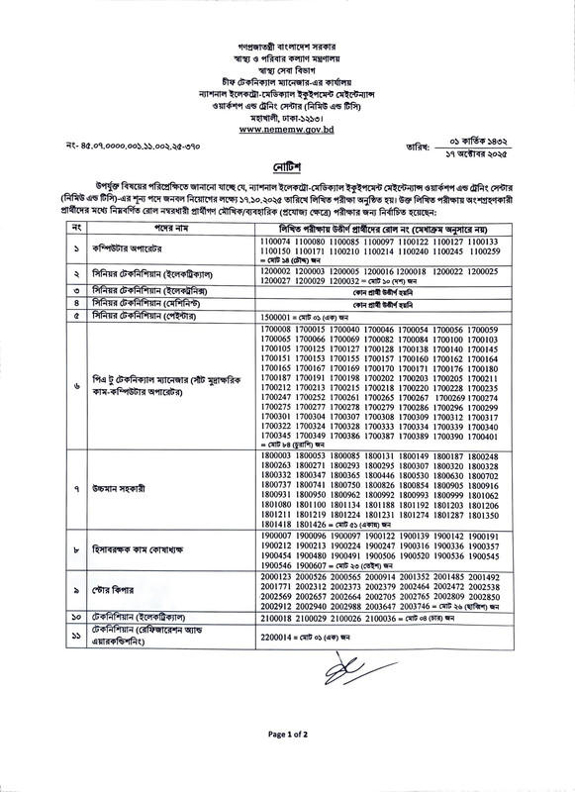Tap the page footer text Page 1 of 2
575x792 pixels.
[287, 762]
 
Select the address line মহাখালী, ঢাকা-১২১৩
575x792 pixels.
[287, 116]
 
